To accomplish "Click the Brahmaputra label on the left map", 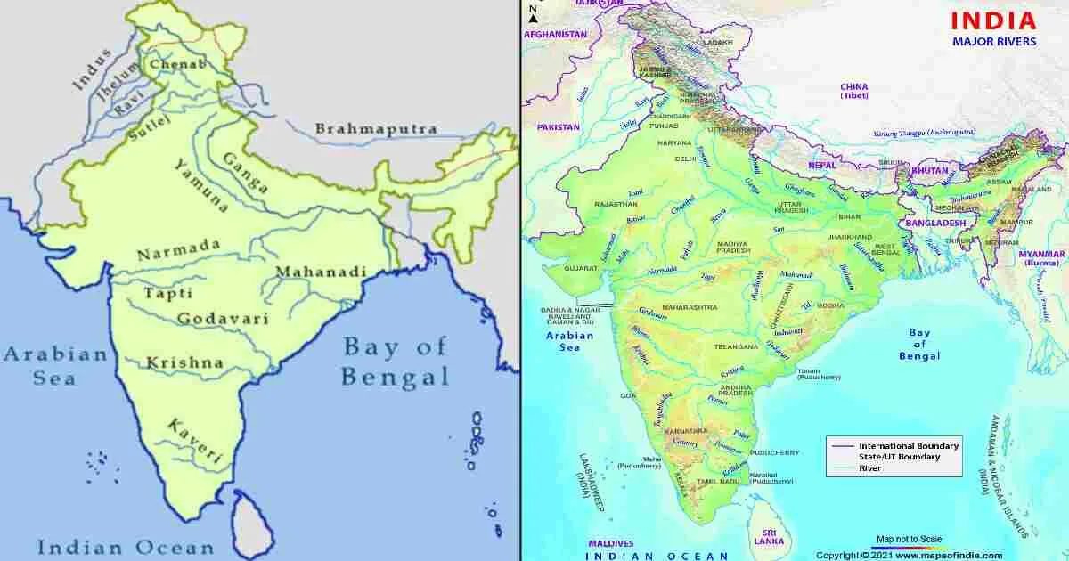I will click(x=375, y=129).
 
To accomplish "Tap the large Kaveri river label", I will click(x=194, y=440).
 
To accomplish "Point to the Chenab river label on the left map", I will click(x=176, y=64).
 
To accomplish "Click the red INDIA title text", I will click(x=993, y=20).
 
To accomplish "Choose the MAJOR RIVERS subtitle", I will click(x=994, y=41).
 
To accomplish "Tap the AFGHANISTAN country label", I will click(x=556, y=34).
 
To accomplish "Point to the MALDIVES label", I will click(x=610, y=543).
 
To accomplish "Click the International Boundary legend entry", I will click(x=909, y=445).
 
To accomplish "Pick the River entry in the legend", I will click(x=870, y=468).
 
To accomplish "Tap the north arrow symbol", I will click(x=533, y=12).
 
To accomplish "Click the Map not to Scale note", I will click(x=909, y=539).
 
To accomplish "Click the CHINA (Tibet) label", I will click(x=853, y=91).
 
